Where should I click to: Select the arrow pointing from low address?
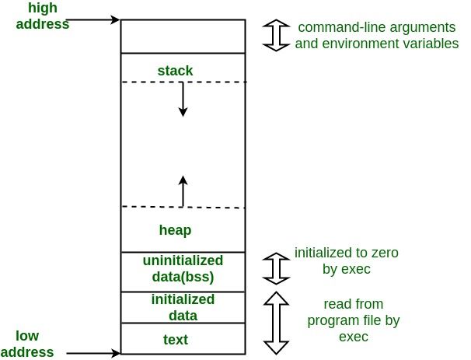pyautogui.click(x=93, y=353)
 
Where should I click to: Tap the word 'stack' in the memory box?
pyautogui.click(x=175, y=71)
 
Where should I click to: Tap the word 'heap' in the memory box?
pyautogui.click(x=175, y=230)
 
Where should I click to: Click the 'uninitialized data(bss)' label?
pyautogui.click(x=183, y=267)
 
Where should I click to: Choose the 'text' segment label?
pyautogui.click(x=176, y=340)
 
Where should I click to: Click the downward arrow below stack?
pyautogui.click(x=183, y=99)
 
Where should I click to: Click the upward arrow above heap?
pyautogui.click(x=183, y=191)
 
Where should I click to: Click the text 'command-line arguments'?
pyautogui.click(x=376, y=28)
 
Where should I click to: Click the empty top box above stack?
pyautogui.click(x=183, y=36)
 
